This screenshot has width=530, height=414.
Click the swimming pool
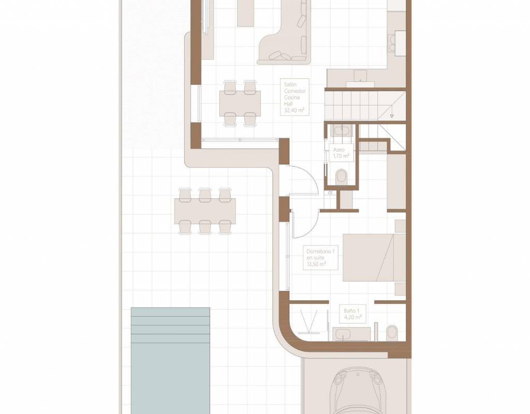(x=170, y=361)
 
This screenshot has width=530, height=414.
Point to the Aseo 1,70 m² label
(x=341, y=153)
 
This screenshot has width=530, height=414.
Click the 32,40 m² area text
(x=294, y=110)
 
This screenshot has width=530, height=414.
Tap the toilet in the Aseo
(x=342, y=177)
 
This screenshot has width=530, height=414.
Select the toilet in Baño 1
(x=392, y=333)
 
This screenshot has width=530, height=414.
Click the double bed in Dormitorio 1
(x=374, y=258)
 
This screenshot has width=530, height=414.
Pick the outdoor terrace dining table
(x=205, y=211)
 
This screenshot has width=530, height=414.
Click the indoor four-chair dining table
(x=240, y=103)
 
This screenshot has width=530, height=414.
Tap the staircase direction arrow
(x=392, y=112)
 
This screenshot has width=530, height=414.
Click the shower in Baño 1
(x=310, y=321)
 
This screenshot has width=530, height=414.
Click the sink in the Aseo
(x=342, y=130)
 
